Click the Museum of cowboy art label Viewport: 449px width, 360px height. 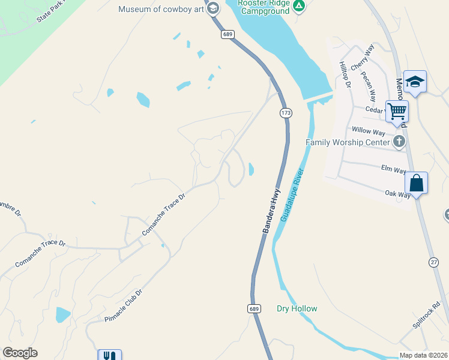(161, 9)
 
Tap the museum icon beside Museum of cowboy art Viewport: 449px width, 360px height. (212, 8)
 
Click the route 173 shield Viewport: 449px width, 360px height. (285, 113)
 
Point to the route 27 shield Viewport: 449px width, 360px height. (434, 262)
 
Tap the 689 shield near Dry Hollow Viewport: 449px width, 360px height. (254, 308)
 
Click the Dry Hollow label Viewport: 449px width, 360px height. (297, 308)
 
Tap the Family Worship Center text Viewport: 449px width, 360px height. (348, 142)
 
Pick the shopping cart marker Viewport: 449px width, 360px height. (397, 111)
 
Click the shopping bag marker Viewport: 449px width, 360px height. (416, 183)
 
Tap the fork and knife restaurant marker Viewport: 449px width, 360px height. (109, 356)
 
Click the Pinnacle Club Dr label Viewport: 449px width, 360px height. (122, 306)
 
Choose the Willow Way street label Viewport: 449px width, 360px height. (369, 130)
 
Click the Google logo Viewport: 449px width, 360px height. (20, 353)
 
